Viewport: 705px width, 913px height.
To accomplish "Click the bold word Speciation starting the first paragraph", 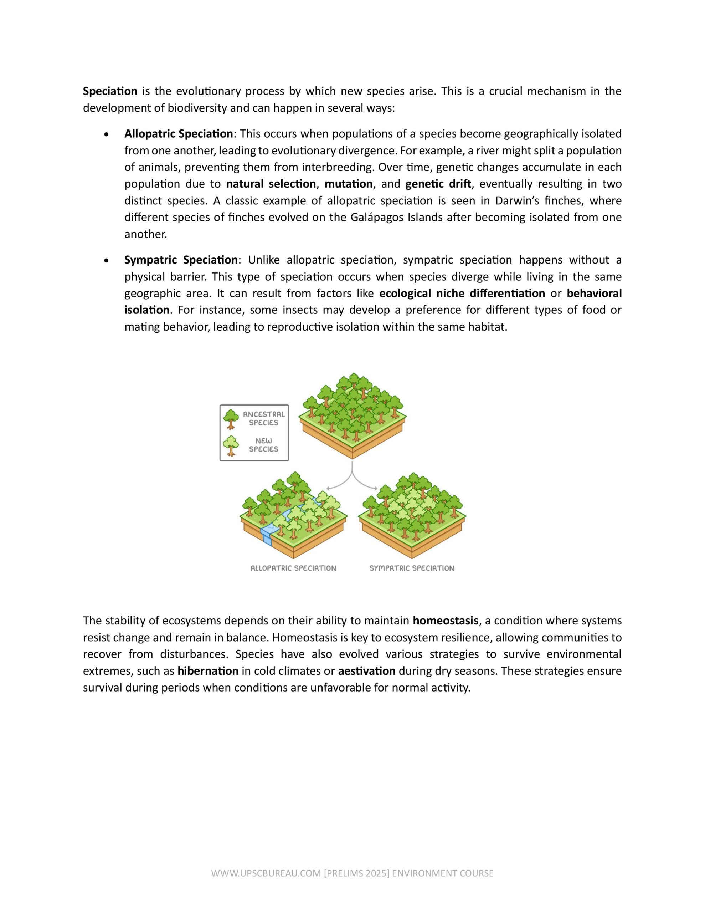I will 110,91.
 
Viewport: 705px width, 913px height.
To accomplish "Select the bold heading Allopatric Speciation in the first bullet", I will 179,134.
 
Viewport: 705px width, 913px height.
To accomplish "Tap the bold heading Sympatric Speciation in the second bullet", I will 181,260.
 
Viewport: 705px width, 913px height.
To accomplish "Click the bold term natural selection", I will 271,184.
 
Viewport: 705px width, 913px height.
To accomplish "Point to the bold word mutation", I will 349,184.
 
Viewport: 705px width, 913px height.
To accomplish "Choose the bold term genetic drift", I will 438,184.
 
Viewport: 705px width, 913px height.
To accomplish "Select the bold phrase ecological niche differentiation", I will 462,294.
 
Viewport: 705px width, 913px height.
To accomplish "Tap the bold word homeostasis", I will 446,621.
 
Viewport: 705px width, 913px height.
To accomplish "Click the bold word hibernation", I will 208,671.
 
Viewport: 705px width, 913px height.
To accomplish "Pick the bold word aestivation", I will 366,671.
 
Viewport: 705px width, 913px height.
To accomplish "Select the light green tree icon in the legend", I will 230,445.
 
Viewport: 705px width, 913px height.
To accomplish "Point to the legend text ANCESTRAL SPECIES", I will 264,418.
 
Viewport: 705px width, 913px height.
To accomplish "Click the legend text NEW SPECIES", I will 264,445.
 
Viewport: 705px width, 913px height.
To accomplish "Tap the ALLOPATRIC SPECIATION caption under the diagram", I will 293,568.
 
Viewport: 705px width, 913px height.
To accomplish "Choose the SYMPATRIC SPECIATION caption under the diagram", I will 412,568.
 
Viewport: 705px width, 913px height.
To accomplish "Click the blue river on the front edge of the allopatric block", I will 266,537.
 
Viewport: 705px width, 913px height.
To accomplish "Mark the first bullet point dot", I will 107,134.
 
